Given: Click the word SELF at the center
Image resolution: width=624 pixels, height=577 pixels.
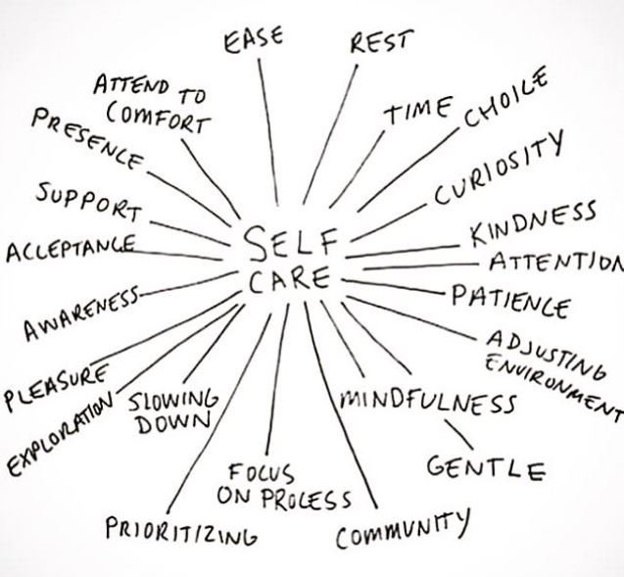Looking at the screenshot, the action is pos(290,240).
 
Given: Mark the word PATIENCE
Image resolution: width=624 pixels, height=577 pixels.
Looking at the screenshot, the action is pos(509,300).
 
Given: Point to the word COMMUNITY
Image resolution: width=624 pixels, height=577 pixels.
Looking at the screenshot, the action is pos(402,529).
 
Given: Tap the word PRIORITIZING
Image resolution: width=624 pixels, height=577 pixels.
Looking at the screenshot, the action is pos(181,528).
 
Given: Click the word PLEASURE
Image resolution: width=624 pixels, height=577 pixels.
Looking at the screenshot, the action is pos(55,386).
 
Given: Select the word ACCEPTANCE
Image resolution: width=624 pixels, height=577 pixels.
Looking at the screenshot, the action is pos(69,249).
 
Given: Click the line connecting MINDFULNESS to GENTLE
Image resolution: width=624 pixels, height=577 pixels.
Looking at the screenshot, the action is pos(457,432).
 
